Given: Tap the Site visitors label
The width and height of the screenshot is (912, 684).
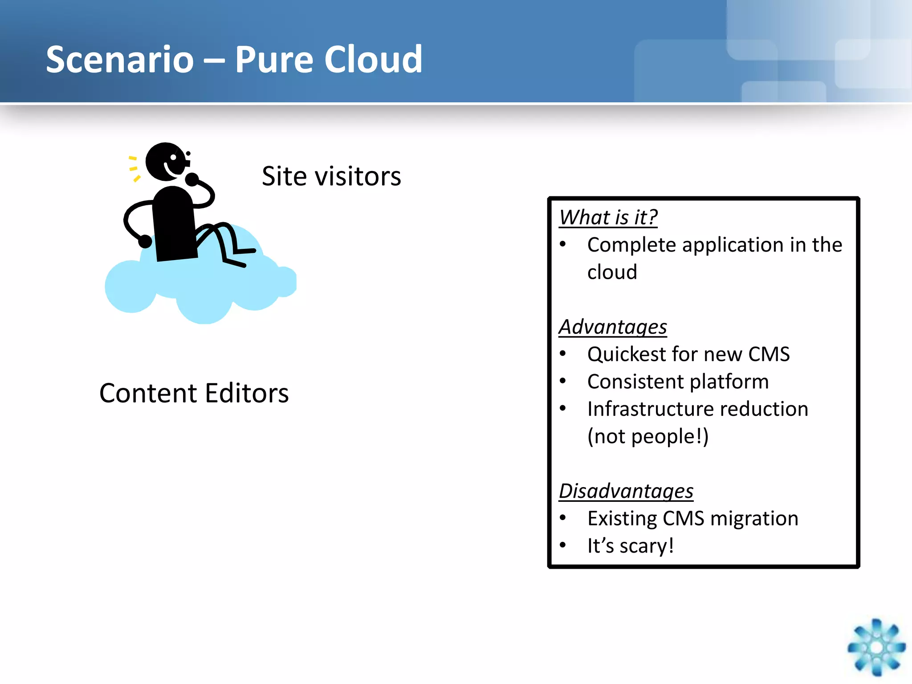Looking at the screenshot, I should pos(331,176).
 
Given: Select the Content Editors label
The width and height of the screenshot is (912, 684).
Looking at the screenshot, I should pos(194,394).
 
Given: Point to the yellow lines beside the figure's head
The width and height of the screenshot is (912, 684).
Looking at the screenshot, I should pos(134,169).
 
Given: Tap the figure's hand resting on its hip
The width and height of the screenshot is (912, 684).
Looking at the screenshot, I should pos(145,242).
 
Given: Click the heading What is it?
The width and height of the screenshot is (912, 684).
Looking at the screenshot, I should pos(608,218).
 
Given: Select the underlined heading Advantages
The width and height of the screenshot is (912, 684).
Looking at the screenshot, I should pos(613,327).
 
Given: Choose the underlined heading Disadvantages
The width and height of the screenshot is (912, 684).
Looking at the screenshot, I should pos(626,491).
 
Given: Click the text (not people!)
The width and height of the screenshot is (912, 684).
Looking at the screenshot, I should pos(648,436).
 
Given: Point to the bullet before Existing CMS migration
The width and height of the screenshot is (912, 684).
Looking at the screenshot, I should pos(563,518).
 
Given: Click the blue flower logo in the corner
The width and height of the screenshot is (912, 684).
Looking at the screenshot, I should pos(876,647).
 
